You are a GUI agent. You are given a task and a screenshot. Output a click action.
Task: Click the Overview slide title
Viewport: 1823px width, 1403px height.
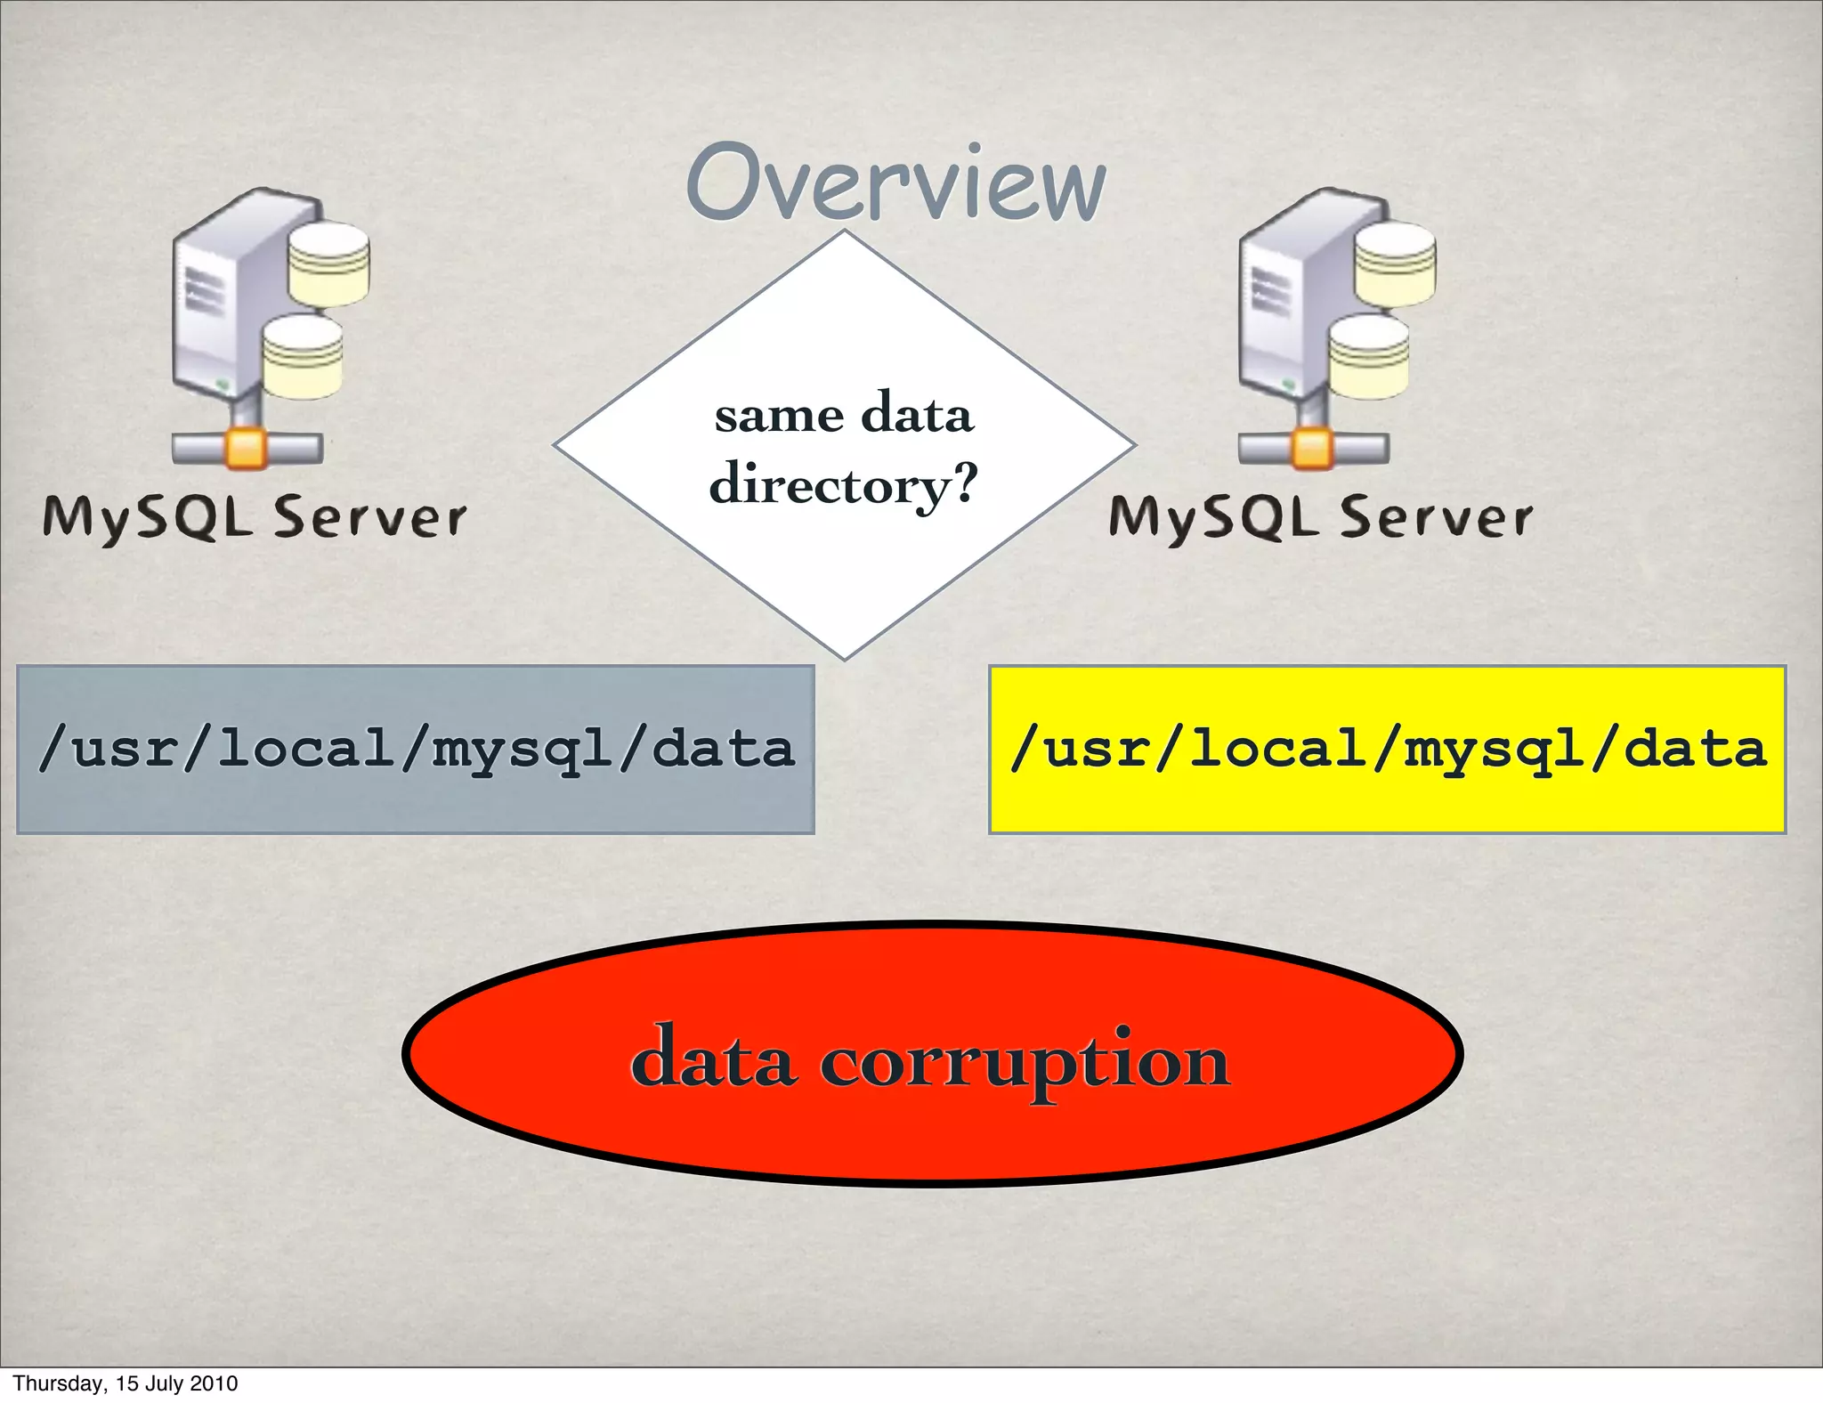pyautogui.click(x=895, y=183)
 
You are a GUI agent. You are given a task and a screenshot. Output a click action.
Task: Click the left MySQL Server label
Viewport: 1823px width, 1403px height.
pyautogui.click(x=255, y=517)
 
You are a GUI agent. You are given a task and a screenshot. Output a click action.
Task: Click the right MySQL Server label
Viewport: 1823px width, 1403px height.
pyautogui.click(x=1321, y=517)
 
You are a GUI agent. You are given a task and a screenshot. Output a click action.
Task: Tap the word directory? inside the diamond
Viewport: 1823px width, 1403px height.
pyautogui.click(x=843, y=485)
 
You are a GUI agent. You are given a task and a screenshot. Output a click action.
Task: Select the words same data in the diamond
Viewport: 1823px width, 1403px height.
pyautogui.click(x=844, y=415)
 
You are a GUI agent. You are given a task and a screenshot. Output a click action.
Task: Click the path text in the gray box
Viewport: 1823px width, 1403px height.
pyautogui.click(x=416, y=749)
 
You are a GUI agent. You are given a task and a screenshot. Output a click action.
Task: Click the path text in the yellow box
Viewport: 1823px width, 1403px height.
pyautogui.click(x=1388, y=749)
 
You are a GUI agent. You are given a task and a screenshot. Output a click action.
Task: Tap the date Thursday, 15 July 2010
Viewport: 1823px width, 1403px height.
pyautogui.click(x=126, y=1383)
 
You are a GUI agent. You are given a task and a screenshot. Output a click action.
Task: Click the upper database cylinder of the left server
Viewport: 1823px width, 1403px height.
pyautogui.click(x=328, y=264)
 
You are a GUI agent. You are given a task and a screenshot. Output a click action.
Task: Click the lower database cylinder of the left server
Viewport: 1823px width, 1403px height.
pyautogui.click(x=303, y=356)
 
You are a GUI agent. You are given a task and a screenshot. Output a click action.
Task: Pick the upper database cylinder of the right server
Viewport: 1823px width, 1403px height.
pyautogui.click(x=1395, y=264)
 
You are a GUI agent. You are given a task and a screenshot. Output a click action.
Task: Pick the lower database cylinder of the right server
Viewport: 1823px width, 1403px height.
pyautogui.click(x=1369, y=356)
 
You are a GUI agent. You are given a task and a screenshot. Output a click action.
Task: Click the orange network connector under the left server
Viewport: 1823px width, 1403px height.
pyautogui.click(x=247, y=448)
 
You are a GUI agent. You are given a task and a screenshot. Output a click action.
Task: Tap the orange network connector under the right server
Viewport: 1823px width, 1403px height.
pyautogui.click(x=1313, y=448)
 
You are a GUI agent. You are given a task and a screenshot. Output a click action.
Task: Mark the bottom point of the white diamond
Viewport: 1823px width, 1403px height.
pyautogui.click(x=845, y=657)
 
